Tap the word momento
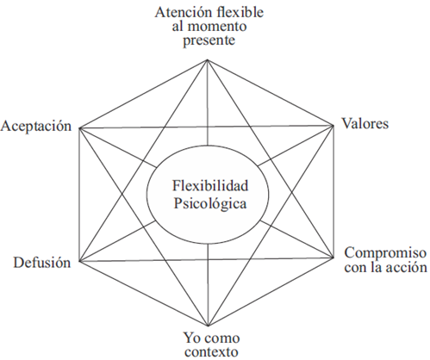click(217, 27)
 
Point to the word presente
click(209, 40)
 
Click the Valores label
click(365, 124)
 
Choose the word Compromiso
click(385, 253)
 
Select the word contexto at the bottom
click(211, 352)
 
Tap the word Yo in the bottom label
click(192, 338)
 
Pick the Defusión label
click(42, 263)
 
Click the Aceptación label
click(36, 127)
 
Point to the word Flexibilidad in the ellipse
click(210, 186)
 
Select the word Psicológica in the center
click(210, 204)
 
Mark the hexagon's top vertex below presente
click(207, 59)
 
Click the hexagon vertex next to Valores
click(333, 125)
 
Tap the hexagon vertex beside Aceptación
click(79, 128)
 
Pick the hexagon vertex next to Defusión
click(79, 261)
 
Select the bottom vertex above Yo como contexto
click(208, 326)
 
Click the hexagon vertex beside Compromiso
click(333, 258)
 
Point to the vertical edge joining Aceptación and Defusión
click(79, 195)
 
